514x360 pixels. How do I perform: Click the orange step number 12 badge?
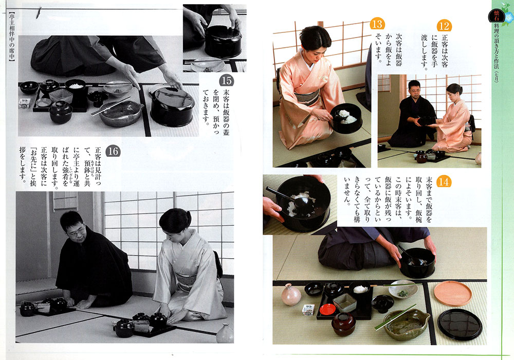pos(444,26)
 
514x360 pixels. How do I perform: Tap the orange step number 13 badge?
pos(377,24)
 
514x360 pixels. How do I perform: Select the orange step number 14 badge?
pos(444,182)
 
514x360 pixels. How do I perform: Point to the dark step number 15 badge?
pos(226,80)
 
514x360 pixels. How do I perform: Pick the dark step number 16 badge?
pos(113,151)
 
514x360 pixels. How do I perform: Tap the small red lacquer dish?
pos(327,309)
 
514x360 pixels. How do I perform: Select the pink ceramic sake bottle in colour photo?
pos(291,294)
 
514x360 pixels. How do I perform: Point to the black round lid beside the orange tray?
pos(460,324)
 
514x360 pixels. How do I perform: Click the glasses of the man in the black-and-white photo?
pos(77,232)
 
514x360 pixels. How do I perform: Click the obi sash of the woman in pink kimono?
pos(306,97)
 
